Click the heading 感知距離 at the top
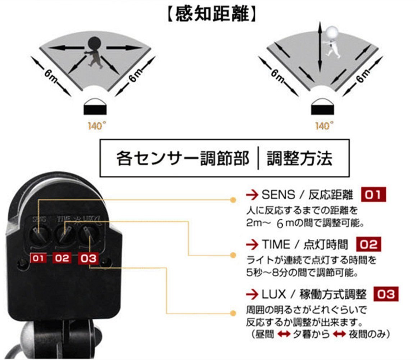pyautogui.click(x=212, y=14)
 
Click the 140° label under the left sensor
pyautogui.click(x=97, y=125)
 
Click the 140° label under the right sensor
pyautogui.click(x=324, y=125)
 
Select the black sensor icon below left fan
pyautogui.click(x=95, y=107)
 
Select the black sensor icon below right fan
pyautogui.click(x=322, y=107)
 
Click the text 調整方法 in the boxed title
pyautogui.click(x=299, y=159)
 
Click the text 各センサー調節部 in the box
pyautogui.click(x=183, y=159)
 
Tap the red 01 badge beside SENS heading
pyautogui.click(x=373, y=194)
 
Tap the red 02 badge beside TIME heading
pyautogui.click(x=368, y=244)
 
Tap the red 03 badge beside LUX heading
pyautogui.click(x=386, y=294)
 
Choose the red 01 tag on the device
pyautogui.click(x=38, y=258)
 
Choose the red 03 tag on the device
pyautogui.click(x=88, y=258)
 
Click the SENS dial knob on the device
pyautogui.click(x=38, y=234)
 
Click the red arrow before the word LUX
pyautogui.click(x=252, y=294)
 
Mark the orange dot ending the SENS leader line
pyautogui.click(x=233, y=200)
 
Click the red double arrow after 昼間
pyautogui.click(x=284, y=334)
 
